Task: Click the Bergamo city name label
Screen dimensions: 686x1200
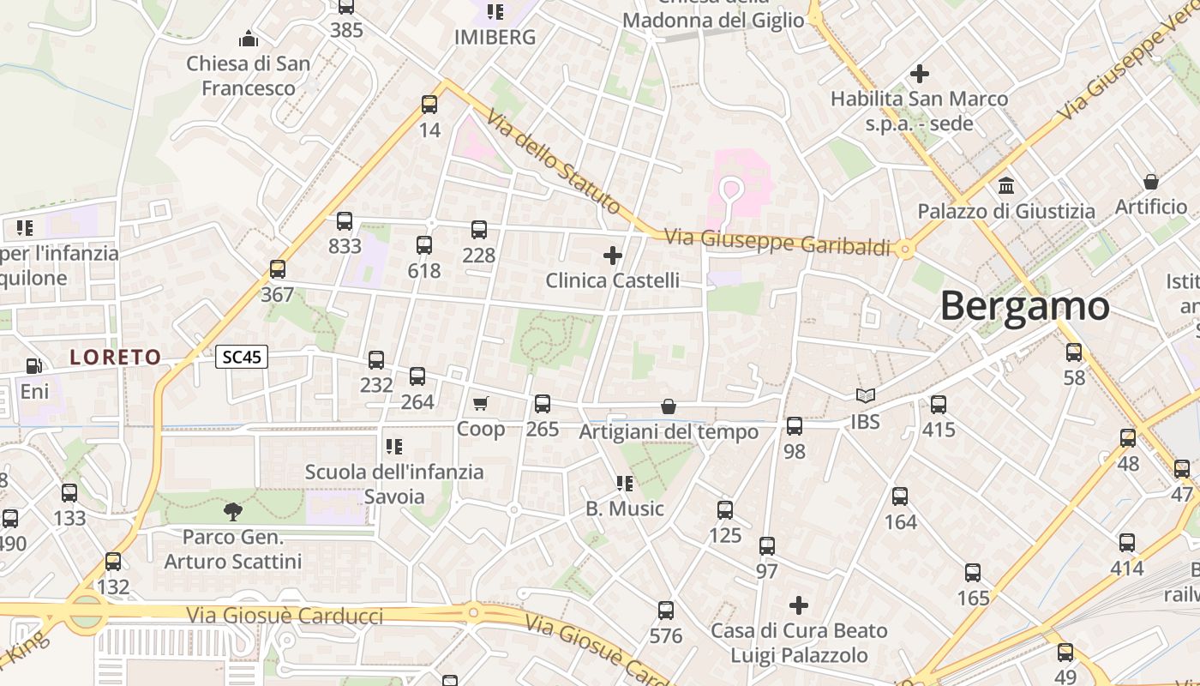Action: (x=1024, y=306)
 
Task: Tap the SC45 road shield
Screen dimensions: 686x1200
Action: (x=242, y=358)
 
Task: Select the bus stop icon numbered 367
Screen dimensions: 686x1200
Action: (x=277, y=269)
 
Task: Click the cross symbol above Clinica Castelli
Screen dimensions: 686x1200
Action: (x=613, y=255)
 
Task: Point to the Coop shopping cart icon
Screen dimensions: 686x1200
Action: (x=481, y=403)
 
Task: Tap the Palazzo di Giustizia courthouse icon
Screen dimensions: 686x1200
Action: (x=1006, y=185)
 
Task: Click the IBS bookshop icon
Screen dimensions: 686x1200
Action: (x=866, y=395)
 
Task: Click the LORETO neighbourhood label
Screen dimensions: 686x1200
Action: (x=116, y=358)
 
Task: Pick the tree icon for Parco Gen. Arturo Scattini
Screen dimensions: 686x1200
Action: (x=232, y=512)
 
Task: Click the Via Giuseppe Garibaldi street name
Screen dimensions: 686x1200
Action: (x=778, y=243)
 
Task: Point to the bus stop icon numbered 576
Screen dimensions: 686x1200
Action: (x=666, y=611)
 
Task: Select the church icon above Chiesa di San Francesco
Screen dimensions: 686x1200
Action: (x=249, y=39)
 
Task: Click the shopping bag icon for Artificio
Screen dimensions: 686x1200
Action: (x=1151, y=182)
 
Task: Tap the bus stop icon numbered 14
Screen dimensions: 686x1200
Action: (x=429, y=105)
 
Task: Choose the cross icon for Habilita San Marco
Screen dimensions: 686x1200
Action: (x=920, y=74)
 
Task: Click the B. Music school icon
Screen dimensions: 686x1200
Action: (x=625, y=484)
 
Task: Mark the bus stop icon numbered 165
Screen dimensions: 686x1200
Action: (x=973, y=573)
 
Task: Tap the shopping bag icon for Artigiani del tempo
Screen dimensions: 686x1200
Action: (x=669, y=406)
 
